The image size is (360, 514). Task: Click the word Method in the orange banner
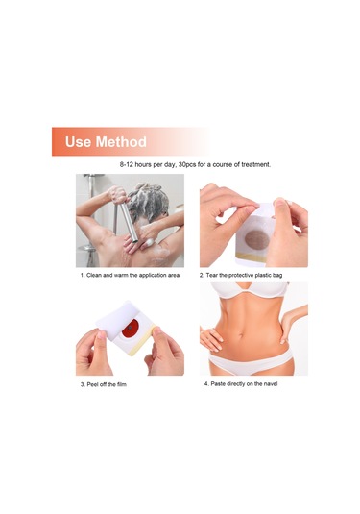pos(121,142)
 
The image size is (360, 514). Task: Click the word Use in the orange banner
pos(78,142)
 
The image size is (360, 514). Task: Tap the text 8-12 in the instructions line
pos(127,164)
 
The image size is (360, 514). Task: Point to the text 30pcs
pos(187,164)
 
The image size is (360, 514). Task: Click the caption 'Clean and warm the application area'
pos(132,275)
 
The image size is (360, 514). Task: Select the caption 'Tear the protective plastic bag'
pos(244,275)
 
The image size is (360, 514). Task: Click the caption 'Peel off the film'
pos(107,384)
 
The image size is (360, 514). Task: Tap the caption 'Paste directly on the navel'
pos(244,383)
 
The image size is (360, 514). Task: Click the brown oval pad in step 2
pos(257,240)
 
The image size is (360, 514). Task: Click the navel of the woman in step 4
pos(241,335)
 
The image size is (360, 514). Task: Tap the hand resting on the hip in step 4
pos(208,339)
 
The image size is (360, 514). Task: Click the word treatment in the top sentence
pos(255,164)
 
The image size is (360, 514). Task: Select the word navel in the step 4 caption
pos(271,383)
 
